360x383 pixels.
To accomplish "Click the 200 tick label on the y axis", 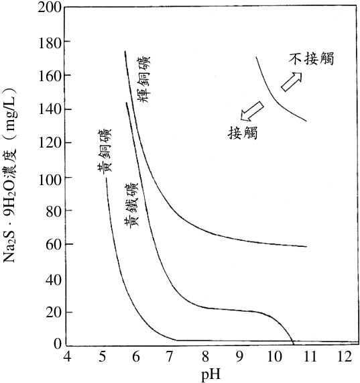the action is pos(50,8).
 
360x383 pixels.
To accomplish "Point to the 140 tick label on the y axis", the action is pos(50,109).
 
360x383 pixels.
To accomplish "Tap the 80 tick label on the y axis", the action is pos(54,211).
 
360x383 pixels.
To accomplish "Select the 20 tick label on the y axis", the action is pos(54,313).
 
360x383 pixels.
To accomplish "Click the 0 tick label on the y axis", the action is pos(57,343).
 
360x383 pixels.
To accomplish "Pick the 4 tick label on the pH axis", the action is pos(67,357).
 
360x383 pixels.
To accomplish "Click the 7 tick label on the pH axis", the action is pos(172,357).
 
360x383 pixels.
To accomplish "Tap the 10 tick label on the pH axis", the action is pos(275,357).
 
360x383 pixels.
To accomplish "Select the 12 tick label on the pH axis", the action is pos(345,357).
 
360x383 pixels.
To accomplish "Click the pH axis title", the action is pos(211,375).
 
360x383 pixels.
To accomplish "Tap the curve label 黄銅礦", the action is pos(104,151).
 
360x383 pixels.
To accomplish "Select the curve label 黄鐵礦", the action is pos(131,204).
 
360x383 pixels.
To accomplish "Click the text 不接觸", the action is pos(311,59).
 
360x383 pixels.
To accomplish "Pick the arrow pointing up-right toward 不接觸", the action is pos(292,82).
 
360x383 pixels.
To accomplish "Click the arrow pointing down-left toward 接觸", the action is pos(252,111).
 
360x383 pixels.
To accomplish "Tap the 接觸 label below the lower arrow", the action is pos(243,133).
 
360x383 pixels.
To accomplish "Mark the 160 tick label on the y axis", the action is pos(50,76).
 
